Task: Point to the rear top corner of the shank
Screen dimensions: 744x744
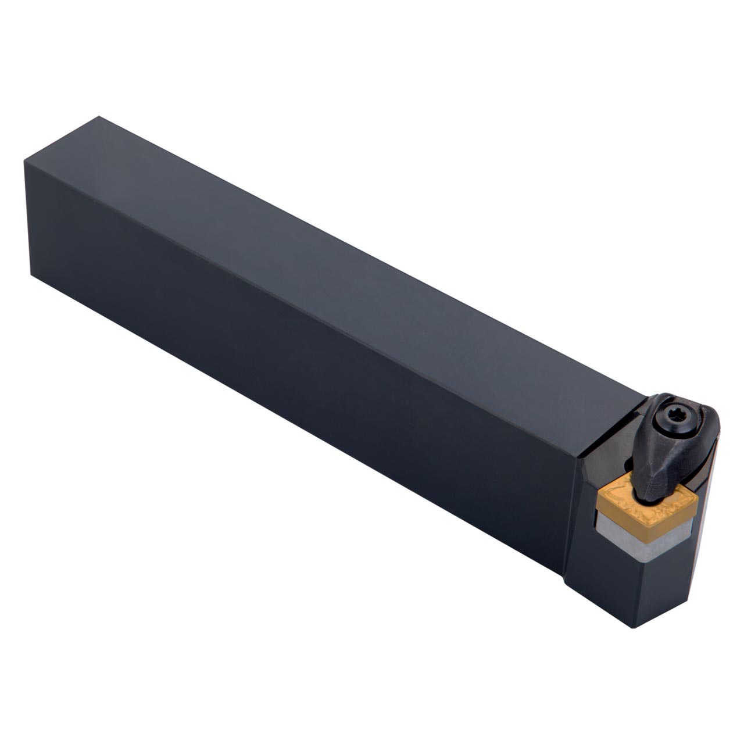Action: [99, 117]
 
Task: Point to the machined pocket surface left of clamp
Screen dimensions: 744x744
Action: [610, 459]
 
